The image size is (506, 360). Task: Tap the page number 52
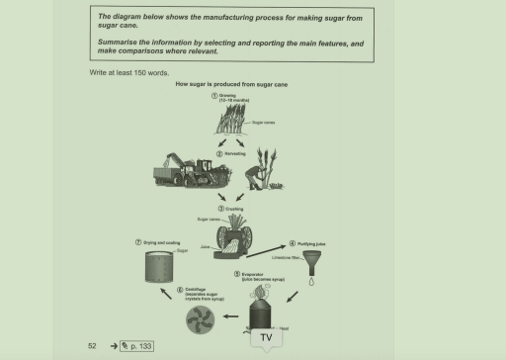coord(91,345)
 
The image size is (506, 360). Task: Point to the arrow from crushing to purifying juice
coord(265,243)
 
